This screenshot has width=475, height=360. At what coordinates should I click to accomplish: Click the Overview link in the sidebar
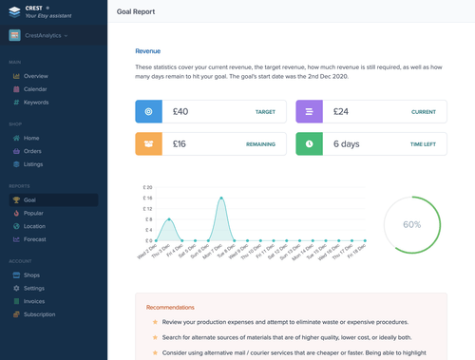pyautogui.click(x=35, y=76)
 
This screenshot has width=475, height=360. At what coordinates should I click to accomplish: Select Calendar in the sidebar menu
pyautogui.click(x=35, y=89)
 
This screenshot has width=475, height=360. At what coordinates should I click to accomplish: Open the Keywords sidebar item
pyautogui.click(x=36, y=103)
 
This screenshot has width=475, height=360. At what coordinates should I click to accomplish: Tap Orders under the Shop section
pyautogui.click(x=32, y=151)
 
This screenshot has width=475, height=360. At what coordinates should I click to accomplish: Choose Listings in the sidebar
pyautogui.click(x=33, y=164)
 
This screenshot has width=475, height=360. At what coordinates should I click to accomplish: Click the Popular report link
pyautogui.click(x=34, y=214)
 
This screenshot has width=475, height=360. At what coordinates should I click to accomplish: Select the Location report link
pyautogui.click(x=35, y=226)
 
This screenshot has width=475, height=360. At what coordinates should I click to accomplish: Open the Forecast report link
pyautogui.click(x=35, y=239)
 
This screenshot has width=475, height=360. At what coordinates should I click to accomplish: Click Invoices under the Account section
pyautogui.click(x=34, y=301)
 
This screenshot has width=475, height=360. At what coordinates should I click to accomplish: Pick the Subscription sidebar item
pyautogui.click(x=39, y=314)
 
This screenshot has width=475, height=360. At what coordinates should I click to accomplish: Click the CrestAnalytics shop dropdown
pyautogui.click(x=53, y=35)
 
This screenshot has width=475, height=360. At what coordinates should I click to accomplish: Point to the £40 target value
pyautogui.click(x=180, y=112)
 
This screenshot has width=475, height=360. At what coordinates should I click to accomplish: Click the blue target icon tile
pyautogui.click(x=148, y=112)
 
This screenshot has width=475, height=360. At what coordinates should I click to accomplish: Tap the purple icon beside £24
pyautogui.click(x=310, y=112)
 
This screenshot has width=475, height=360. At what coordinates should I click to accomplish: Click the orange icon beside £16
pyautogui.click(x=148, y=144)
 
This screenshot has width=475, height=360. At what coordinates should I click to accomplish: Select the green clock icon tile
pyautogui.click(x=310, y=144)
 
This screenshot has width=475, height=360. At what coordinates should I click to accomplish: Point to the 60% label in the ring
pyautogui.click(x=411, y=225)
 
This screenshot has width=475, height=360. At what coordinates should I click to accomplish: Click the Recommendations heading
pyautogui.click(x=170, y=307)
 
